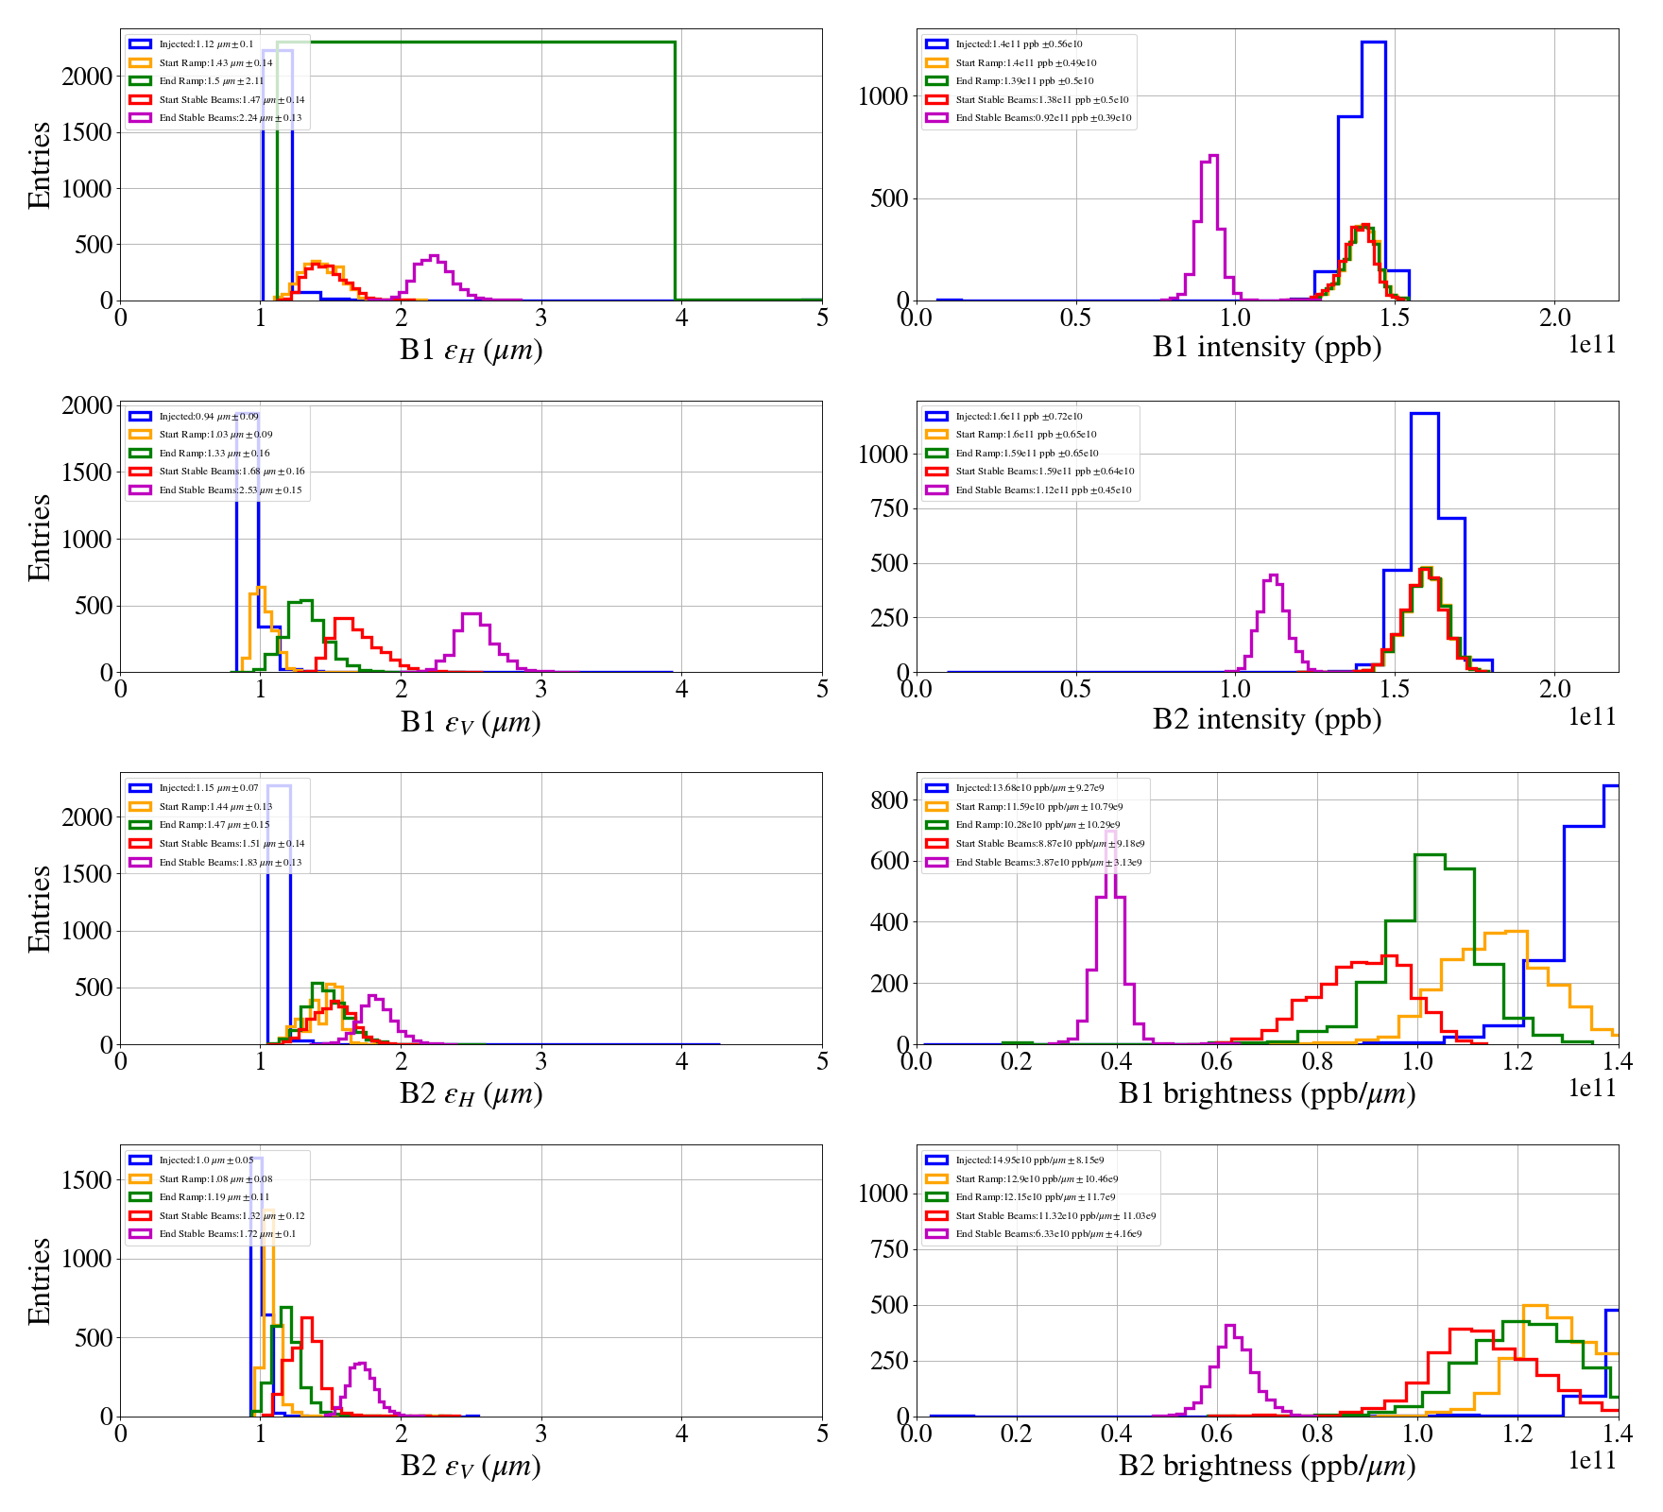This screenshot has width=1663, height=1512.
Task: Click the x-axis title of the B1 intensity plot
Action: pyautogui.click(x=1266, y=348)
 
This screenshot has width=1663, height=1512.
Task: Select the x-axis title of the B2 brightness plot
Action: pyautogui.click(x=1266, y=1466)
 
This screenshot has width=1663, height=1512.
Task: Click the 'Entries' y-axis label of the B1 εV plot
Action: pyautogui.click(x=39, y=537)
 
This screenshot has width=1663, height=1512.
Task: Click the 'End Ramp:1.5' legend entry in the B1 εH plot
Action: pyautogui.click(x=211, y=81)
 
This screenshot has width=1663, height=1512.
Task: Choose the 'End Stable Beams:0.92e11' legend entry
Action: pyautogui.click(x=1043, y=118)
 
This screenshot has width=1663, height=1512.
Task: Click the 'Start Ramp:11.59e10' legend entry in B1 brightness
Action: pyautogui.click(x=1038, y=807)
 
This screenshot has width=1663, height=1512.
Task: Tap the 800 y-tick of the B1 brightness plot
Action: pyautogui.click(x=889, y=800)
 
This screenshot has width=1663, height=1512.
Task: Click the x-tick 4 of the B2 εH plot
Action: pyautogui.click(x=682, y=1061)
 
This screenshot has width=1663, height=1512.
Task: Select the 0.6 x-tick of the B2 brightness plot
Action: pyautogui.click(x=1217, y=1434)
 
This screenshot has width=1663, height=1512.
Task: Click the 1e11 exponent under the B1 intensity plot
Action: pyautogui.click(x=1592, y=344)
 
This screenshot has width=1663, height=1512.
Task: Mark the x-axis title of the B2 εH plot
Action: pyautogui.click(x=471, y=1094)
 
